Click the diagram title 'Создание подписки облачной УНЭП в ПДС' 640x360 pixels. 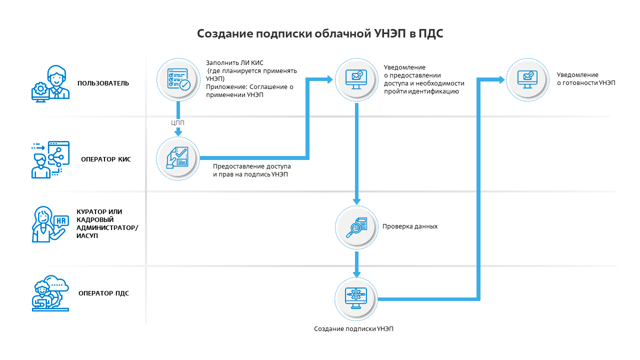coord(320,33)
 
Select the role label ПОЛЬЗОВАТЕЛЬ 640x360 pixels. coord(103,83)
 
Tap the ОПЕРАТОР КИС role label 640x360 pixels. coord(106,160)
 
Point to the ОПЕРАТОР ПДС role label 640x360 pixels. coord(103,293)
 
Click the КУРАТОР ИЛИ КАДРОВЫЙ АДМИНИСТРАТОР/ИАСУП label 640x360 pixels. coord(107,223)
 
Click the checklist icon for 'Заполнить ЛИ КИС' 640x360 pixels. coord(177,79)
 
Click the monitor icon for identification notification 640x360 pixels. coord(356,79)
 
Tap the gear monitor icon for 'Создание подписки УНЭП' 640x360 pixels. coord(356,298)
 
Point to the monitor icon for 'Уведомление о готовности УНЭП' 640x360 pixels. coord(527,79)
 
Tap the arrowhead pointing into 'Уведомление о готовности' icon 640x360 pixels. coord(501,79)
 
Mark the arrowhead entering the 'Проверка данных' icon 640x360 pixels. coord(356,201)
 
